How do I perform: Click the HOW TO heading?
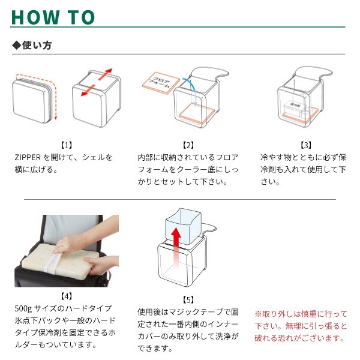tap(53, 17)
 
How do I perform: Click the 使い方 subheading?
tap(37, 45)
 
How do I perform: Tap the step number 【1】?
tap(67, 145)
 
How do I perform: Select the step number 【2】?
tap(188, 145)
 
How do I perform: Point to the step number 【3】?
tap(306, 145)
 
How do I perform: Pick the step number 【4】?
tap(67, 296)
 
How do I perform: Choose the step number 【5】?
tap(188, 300)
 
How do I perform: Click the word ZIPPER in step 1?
tap(28, 157)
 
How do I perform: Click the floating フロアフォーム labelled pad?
tap(161, 83)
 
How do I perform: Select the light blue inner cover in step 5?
tap(183, 226)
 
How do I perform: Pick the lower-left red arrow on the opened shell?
tap(88, 91)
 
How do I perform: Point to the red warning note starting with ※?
tap(301, 326)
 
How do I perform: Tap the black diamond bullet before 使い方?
tap(17, 46)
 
